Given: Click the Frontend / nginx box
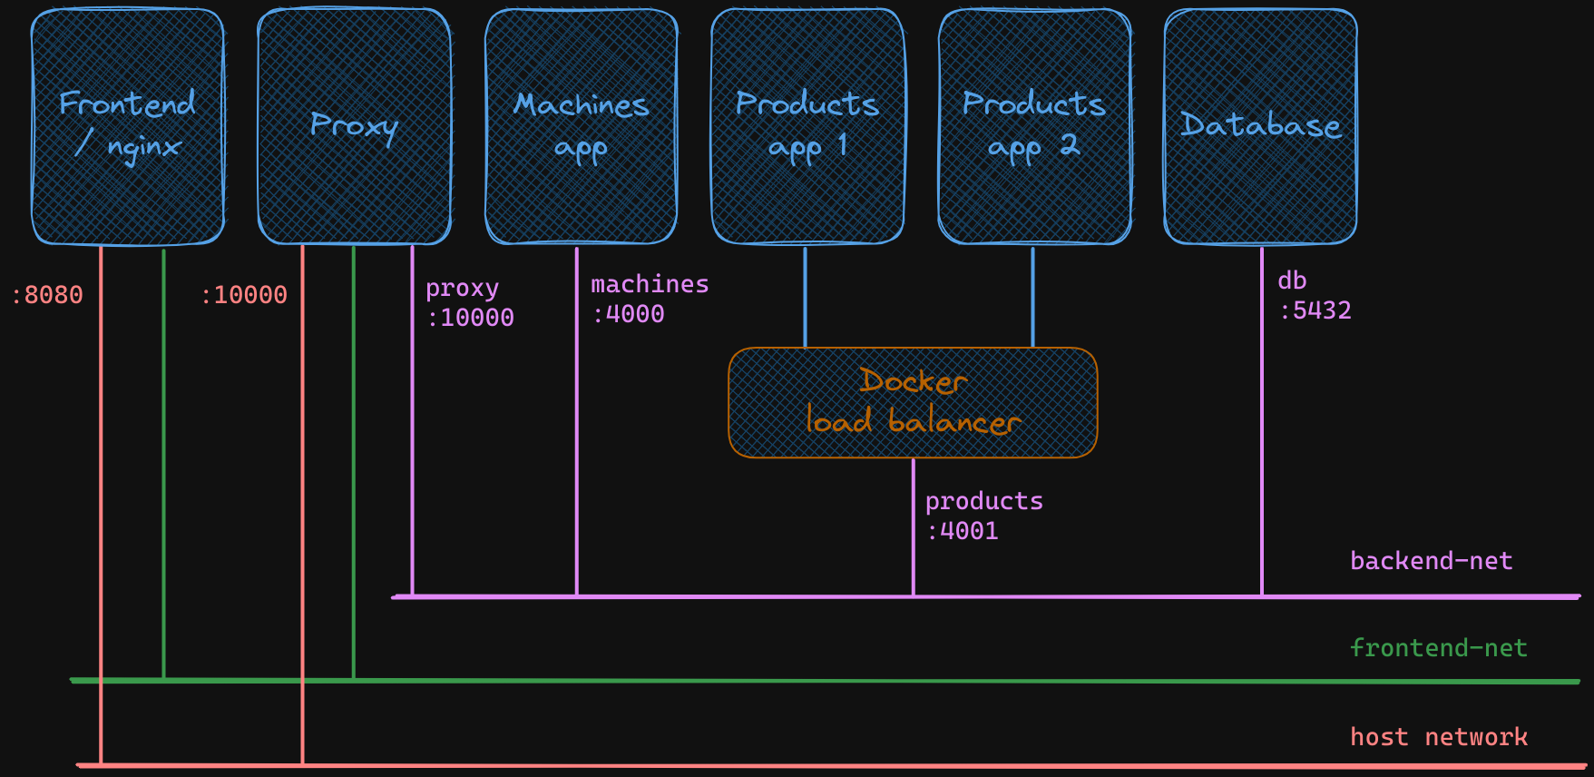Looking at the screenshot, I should click(x=128, y=127).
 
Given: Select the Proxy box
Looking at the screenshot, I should click(x=355, y=127).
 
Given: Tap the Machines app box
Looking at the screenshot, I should click(x=582, y=127).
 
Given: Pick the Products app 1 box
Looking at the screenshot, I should click(x=807, y=127).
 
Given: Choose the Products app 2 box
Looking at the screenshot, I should click(x=1034, y=127).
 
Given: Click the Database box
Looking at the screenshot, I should click(x=1260, y=127).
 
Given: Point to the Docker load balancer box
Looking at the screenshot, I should click(x=913, y=403).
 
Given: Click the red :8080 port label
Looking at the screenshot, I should click(x=47, y=295).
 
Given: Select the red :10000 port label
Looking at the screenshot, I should click(x=244, y=295).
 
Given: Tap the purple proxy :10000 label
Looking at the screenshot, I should click(x=470, y=303).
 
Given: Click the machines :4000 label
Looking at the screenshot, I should click(x=649, y=300).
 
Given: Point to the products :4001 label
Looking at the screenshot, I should click(x=983, y=516).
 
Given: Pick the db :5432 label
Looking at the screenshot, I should click(x=1314, y=296).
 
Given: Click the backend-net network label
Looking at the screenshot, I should click(x=1431, y=561).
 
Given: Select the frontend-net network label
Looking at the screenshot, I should click(x=1438, y=648).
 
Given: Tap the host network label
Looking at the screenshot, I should click(x=1438, y=737).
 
